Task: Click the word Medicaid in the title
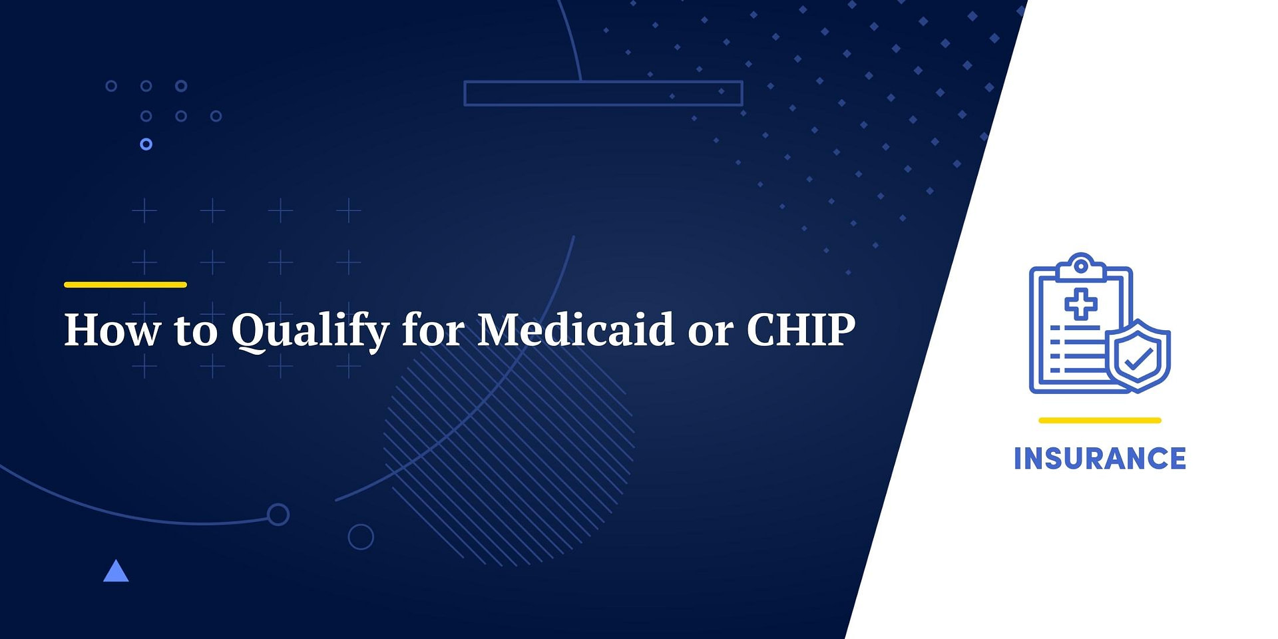(x=576, y=329)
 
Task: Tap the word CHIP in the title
(x=801, y=329)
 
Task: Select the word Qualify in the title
(x=310, y=331)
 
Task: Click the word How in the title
(x=112, y=329)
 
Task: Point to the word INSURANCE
(x=1100, y=459)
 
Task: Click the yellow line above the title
(x=125, y=285)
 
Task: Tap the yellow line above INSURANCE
(x=1100, y=421)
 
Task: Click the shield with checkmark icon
(x=1139, y=357)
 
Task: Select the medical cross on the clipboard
(x=1081, y=305)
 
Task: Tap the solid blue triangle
(x=116, y=571)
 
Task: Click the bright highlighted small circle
(x=146, y=144)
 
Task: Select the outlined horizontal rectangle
(x=603, y=93)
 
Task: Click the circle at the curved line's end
(x=278, y=515)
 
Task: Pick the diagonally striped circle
(x=509, y=453)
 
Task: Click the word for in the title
(x=433, y=329)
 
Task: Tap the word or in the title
(x=710, y=331)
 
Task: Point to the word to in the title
(x=196, y=331)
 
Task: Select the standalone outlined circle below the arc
(x=361, y=536)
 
